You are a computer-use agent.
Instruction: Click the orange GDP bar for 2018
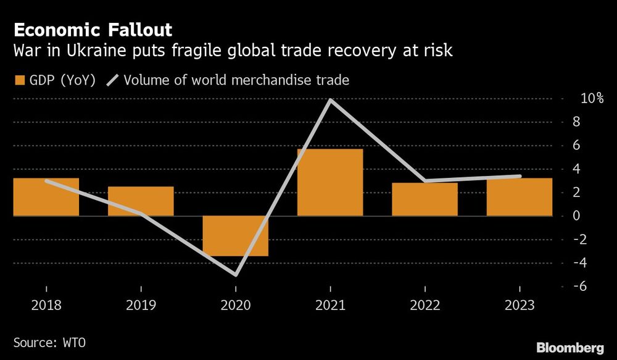point(46,197)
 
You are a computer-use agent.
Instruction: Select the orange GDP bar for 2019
point(141,201)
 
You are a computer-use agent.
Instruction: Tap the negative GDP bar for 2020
point(236,235)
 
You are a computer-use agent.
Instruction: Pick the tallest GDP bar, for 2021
point(330,182)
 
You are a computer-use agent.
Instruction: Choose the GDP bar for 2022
point(424,199)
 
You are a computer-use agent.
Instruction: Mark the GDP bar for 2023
point(519,197)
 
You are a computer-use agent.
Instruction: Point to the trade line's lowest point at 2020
point(236,275)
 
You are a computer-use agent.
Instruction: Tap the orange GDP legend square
point(19,80)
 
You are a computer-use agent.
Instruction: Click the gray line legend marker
point(114,80)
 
